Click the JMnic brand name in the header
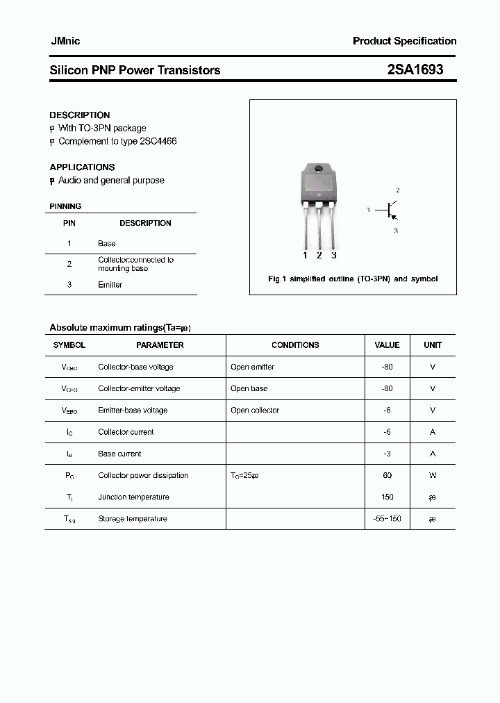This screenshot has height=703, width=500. (x=65, y=41)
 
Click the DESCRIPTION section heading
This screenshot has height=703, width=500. (x=80, y=115)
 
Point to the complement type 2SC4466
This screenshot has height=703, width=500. (x=158, y=141)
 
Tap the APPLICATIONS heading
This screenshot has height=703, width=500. (x=82, y=167)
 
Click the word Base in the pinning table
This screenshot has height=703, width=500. (x=107, y=243)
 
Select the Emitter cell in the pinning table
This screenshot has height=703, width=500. (x=110, y=285)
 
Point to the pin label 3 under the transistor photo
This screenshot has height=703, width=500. (x=334, y=255)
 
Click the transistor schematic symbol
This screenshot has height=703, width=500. (x=391, y=210)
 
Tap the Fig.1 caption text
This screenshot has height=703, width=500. (x=353, y=279)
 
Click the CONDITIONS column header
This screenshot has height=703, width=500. (x=295, y=345)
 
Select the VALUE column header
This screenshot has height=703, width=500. (x=387, y=345)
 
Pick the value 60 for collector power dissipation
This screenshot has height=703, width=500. (x=387, y=475)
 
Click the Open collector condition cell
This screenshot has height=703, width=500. (x=255, y=410)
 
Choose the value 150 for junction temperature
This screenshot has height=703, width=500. (x=387, y=497)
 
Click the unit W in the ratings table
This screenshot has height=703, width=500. (x=433, y=475)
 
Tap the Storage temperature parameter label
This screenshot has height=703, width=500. (x=133, y=518)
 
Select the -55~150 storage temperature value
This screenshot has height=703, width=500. (x=387, y=518)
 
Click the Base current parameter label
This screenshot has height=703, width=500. (x=119, y=454)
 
